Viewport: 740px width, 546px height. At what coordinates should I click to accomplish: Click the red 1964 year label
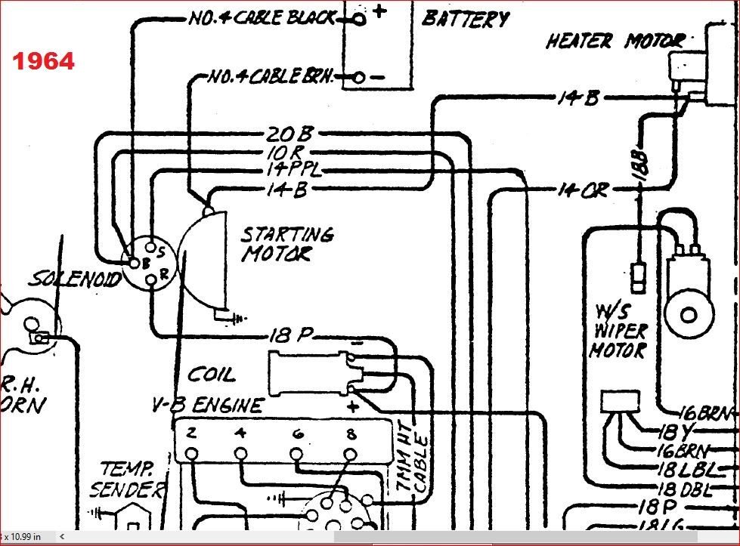(x=43, y=61)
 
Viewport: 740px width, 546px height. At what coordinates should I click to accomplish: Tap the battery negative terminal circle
(x=359, y=76)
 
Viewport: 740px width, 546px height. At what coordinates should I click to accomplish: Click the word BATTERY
(x=466, y=17)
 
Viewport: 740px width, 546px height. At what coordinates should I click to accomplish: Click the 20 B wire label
(x=289, y=134)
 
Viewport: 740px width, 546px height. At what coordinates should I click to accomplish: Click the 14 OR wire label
(x=582, y=190)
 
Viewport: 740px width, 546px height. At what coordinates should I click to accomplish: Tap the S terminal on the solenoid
(x=151, y=246)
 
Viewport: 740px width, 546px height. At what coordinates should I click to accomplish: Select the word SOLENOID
(x=75, y=280)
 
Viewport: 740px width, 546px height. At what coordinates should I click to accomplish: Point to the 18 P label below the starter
(x=291, y=336)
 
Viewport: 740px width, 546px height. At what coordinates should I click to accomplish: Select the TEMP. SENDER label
(x=125, y=480)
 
